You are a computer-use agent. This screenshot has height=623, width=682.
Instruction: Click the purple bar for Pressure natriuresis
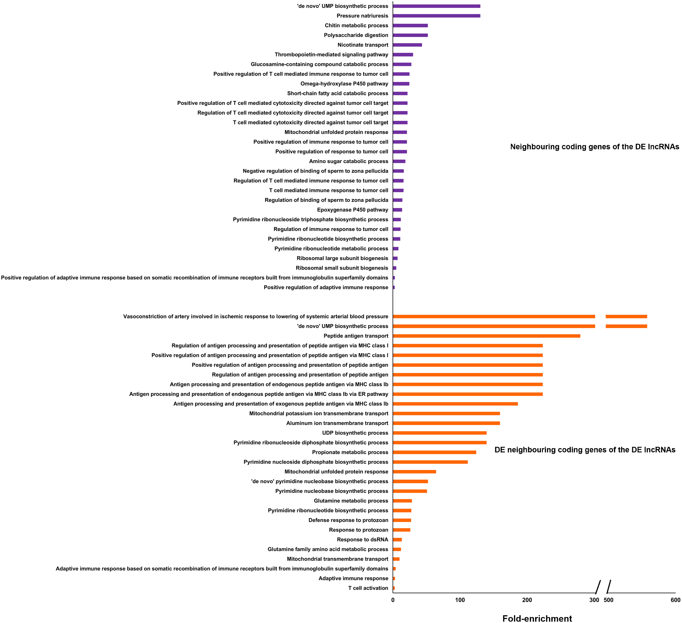pos(436,16)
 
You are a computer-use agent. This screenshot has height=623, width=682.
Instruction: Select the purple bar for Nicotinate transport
pos(407,45)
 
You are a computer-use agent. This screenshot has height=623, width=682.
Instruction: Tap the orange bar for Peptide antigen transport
pos(486,336)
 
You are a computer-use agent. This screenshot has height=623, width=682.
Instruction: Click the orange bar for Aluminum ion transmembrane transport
pos(446,423)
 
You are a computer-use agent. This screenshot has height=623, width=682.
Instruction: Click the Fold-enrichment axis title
pos(537,618)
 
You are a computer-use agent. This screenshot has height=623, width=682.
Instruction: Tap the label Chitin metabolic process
pos(356,26)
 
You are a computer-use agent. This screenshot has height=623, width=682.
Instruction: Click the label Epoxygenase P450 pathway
pos(352,210)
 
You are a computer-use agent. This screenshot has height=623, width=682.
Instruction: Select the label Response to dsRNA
pos(362,540)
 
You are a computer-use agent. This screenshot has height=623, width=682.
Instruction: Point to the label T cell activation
pos(368,588)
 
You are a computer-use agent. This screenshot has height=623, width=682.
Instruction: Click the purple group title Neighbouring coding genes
pos(594,147)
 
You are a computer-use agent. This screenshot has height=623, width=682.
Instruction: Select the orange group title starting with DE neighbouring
pos(585,450)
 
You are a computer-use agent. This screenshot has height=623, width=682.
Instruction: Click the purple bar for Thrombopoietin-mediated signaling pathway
pos(403,55)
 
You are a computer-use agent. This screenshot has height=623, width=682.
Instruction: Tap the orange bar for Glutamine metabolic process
pos(402,501)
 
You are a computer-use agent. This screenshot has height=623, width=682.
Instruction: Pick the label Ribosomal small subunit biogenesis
pos(342,268)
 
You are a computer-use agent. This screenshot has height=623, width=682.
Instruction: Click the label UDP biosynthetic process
pos(355,433)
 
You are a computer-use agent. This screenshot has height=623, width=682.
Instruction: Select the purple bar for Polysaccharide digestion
pos(410,35)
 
